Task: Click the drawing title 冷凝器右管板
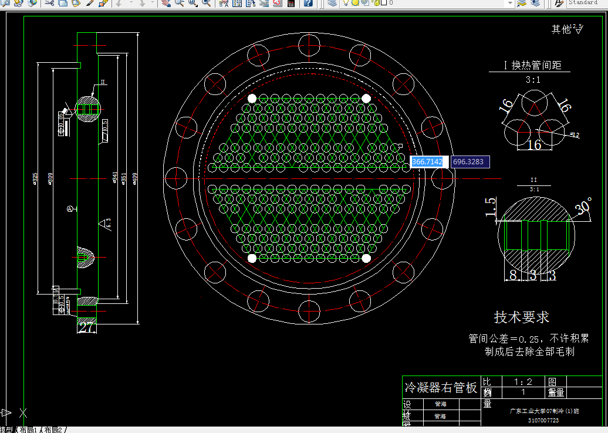click(x=441, y=388)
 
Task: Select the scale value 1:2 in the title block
click(x=522, y=381)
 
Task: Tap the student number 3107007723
click(x=543, y=420)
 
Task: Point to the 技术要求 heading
click(x=521, y=317)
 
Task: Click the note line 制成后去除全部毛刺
click(x=529, y=351)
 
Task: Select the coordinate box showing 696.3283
click(x=469, y=161)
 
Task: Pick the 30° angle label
click(x=583, y=207)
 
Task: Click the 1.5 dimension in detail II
click(x=491, y=207)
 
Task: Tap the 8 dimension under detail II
click(x=513, y=275)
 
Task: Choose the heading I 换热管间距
click(x=533, y=65)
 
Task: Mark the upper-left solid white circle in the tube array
click(x=252, y=98)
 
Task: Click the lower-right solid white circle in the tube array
click(x=366, y=258)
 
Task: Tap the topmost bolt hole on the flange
click(x=309, y=46)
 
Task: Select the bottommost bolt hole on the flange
click(x=309, y=310)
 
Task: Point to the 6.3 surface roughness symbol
click(x=104, y=223)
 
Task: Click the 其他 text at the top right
click(x=560, y=29)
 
